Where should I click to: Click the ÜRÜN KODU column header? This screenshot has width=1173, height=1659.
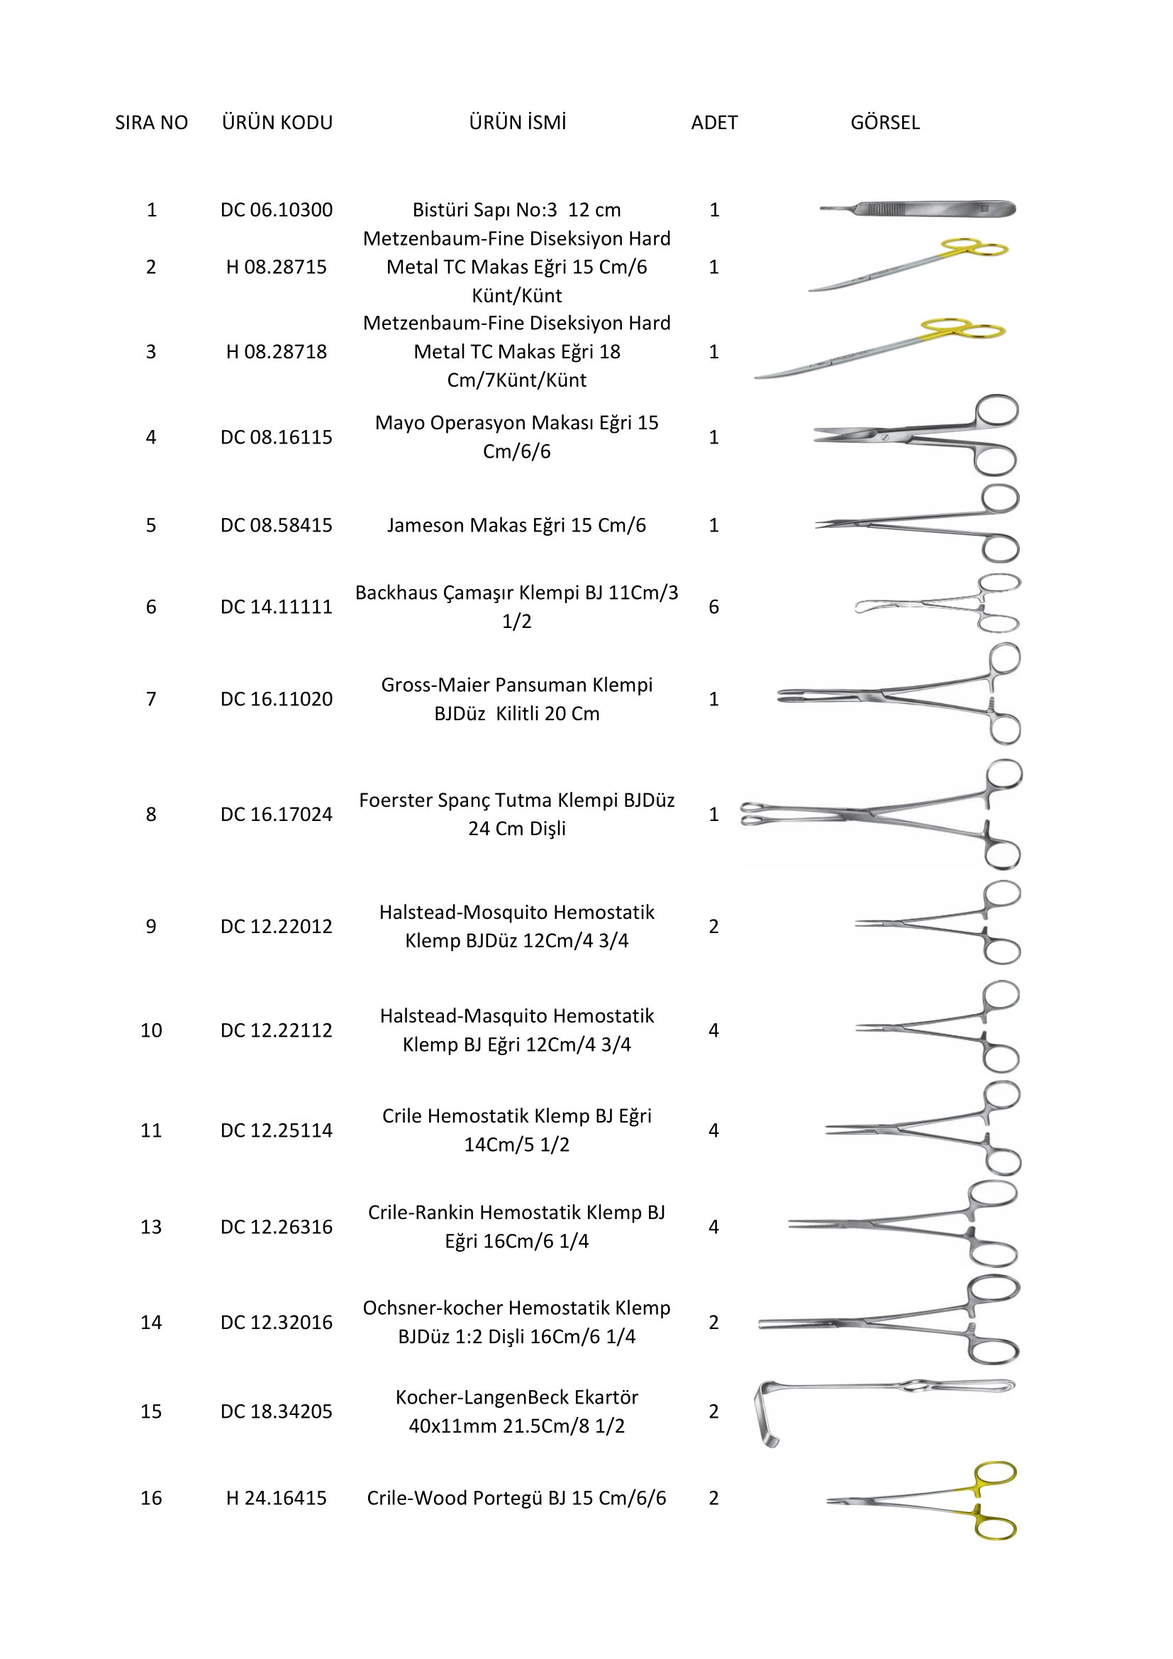(277, 123)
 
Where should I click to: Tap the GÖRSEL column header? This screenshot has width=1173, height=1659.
(885, 123)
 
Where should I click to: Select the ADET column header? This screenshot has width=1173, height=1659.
(714, 123)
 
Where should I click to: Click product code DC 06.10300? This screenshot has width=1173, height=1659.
(277, 210)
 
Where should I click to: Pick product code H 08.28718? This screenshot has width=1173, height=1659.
(277, 352)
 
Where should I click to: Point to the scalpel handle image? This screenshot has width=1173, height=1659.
(917, 209)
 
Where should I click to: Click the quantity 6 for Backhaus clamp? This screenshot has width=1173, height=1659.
(713, 607)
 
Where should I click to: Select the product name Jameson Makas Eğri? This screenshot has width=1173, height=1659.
(516, 525)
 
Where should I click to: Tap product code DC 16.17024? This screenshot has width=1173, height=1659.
(277, 815)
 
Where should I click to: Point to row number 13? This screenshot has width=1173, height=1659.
(151, 1227)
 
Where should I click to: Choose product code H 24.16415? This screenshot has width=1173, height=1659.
(277, 1499)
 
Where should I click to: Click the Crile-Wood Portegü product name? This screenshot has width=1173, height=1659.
(516, 1499)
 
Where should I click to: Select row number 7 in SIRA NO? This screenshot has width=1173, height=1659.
(151, 700)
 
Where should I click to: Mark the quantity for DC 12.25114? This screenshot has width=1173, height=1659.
(713, 1131)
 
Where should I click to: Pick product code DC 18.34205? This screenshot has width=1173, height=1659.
(277, 1412)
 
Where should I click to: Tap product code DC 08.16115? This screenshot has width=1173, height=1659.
(277, 437)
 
